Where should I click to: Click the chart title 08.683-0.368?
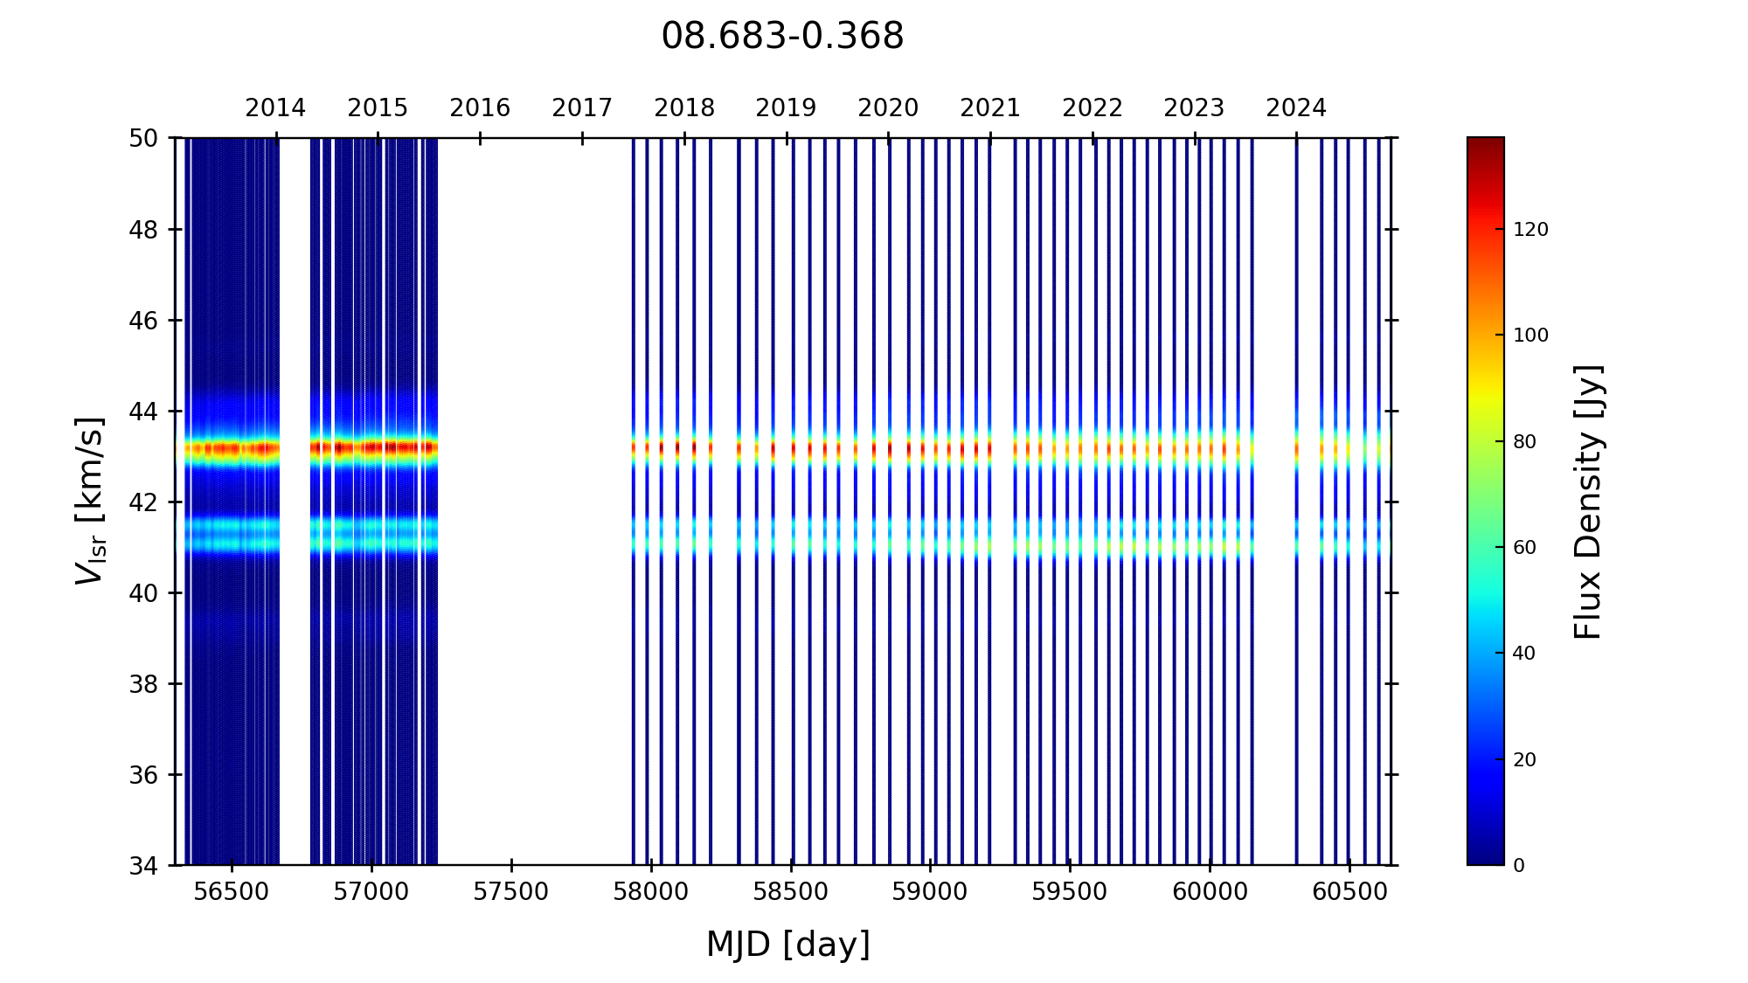tap(782, 37)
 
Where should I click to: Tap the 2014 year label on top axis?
tap(275, 108)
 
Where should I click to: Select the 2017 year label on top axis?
tap(582, 108)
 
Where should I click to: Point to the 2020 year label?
tap(888, 108)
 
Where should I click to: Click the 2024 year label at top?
tap(1296, 108)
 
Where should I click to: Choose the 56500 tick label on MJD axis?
tap(232, 892)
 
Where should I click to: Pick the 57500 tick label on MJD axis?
tap(511, 892)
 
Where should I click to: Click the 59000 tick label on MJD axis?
tap(930, 892)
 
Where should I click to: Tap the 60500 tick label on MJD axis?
tap(1349, 892)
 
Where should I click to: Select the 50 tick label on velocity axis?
tap(143, 138)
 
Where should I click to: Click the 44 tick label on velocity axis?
tap(143, 412)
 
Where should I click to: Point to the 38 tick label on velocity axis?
tap(143, 684)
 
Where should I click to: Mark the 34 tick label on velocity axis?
tap(143, 866)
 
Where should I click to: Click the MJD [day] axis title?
tap(788, 945)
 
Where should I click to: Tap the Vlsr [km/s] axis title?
tap(90, 501)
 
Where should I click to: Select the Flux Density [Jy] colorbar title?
tap(1587, 502)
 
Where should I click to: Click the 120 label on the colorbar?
tap(1530, 230)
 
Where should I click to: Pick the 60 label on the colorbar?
tap(1524, 548)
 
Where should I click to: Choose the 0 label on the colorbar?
tap(1519, 866)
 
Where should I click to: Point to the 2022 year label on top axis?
tap(1092, 108)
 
